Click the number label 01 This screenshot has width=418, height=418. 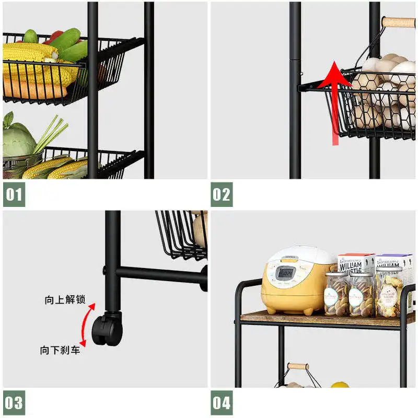point(14,195)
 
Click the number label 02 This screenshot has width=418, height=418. point(222,195)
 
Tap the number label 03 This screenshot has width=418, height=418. point(14,403)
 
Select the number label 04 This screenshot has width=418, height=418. point(222,403)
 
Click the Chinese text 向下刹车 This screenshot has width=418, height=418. point(60,350)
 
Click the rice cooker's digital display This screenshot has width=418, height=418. point(285,272)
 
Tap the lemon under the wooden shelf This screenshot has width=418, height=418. point(340,386)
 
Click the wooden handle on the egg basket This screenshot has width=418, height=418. point(398,22)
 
